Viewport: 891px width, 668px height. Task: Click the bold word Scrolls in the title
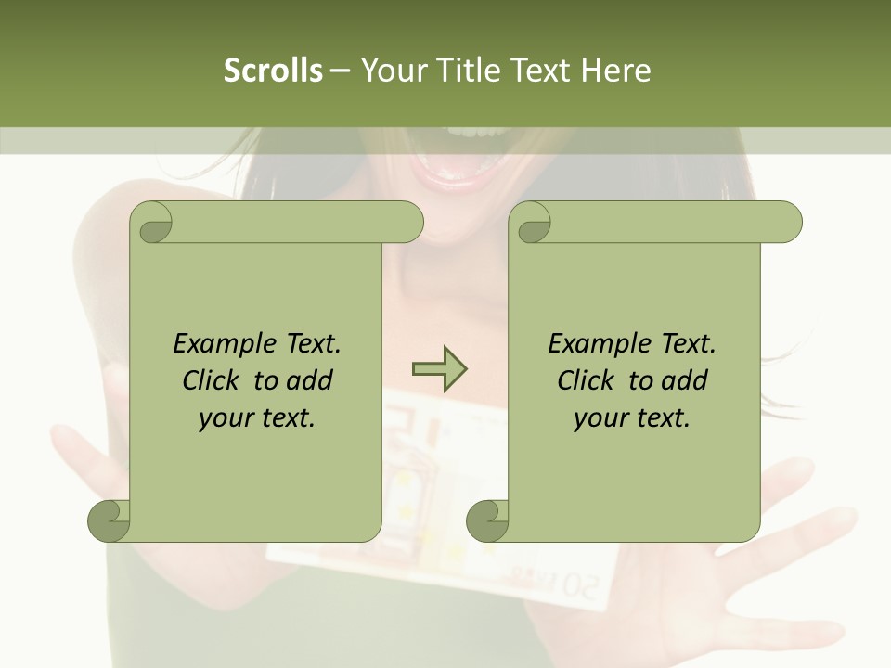tap(273, 71)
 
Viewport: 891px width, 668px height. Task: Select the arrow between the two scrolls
tap(439, 369)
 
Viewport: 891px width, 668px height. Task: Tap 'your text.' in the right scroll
tap(632, 418)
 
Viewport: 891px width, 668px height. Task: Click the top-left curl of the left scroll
tap(152, 223)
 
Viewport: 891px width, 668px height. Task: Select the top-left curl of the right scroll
tap(531, 223)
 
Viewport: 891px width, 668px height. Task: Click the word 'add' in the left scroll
tap(309, 381)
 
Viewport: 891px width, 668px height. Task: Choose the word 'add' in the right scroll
tap(684, 381)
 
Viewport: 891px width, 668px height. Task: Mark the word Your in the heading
tap(391, 71)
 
